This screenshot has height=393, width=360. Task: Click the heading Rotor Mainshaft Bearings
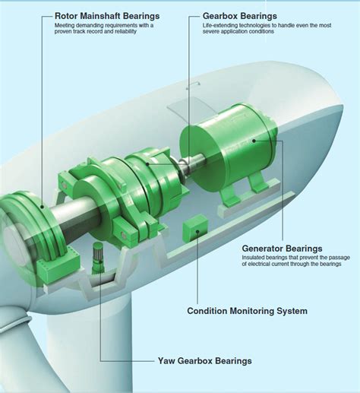107,16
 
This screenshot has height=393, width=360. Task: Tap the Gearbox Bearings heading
240,16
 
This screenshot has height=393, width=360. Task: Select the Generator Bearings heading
282,249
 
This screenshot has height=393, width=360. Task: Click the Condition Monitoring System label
247,311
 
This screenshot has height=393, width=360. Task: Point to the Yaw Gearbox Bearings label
204,360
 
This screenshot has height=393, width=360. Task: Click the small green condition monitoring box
195,228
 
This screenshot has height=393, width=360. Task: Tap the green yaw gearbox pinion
98,258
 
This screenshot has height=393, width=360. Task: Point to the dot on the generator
254,141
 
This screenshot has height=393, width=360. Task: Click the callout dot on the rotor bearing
43,207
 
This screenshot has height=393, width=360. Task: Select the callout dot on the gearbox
147,164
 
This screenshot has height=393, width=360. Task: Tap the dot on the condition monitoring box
197,231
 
